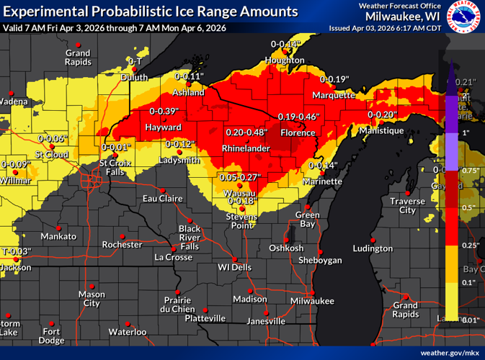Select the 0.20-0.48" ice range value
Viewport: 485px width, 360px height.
pyautogui.click(x=246, y=133)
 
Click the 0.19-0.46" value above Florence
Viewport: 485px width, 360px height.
pyautogui.click(x=298, y=117)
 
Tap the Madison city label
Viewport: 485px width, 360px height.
pyautogui.click(x=250, y=300)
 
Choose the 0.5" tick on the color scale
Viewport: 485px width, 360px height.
pyautogui.click(x=466, y=208)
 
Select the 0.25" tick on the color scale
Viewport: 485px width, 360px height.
pyautogui.click(x=468, y=246)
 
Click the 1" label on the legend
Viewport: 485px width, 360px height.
pyautogui.click(x=466, y=133)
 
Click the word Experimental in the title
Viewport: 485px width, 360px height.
pyautogui.click(x=45, y=12)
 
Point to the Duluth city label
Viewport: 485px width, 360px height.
pyautogui.click(x=135, y=77)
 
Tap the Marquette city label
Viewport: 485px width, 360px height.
pyautogui.click(x=334, y=95)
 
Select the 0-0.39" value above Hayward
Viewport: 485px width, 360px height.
pyautogui.click(x=164, y=112)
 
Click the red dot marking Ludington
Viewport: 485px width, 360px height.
pyautogui.click(x=373, y=239)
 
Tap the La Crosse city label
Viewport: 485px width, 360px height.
pyautogui.click(x=174, y=257)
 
